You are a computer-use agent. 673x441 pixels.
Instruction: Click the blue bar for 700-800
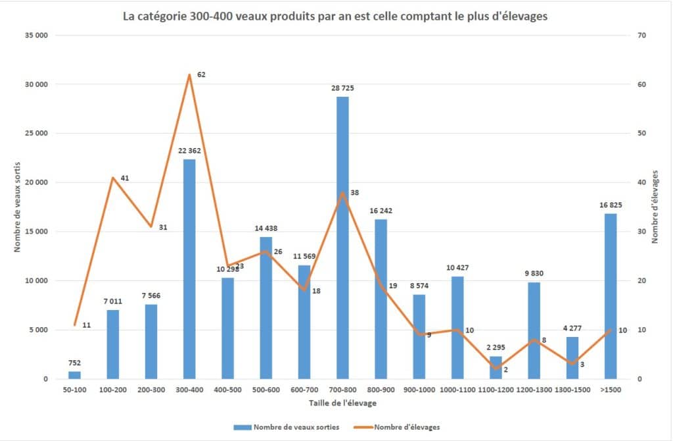[342, 238]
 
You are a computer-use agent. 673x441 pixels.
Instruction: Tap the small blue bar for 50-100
[74, 375]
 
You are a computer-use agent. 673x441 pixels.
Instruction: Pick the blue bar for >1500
[611, 296]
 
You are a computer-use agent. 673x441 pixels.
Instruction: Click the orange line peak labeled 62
[190, 74]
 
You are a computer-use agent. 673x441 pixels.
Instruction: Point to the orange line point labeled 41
[113, 178]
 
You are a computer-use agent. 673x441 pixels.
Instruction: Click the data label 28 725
[342, 88]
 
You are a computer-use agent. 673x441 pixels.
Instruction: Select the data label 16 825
[611, 205]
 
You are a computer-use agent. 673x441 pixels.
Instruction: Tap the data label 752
[74, 363]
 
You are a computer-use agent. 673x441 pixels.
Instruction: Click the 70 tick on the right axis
[641, 36]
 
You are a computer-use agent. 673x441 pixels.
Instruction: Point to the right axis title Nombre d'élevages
[655, 207]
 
